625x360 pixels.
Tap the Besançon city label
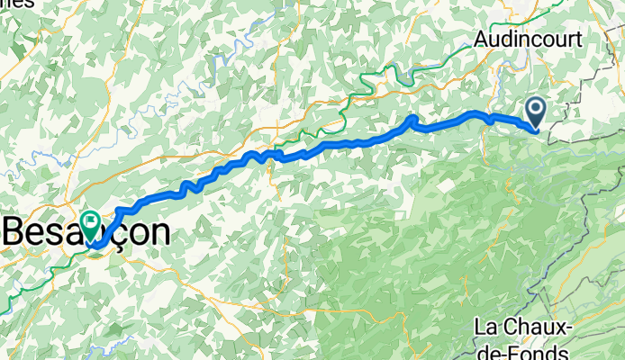86,232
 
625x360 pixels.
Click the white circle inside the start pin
535,110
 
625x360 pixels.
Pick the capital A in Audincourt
484,40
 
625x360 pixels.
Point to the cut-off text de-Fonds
531,351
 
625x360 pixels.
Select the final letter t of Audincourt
578,40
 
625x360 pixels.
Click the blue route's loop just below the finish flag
97,243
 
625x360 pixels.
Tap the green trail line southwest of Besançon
27,286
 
